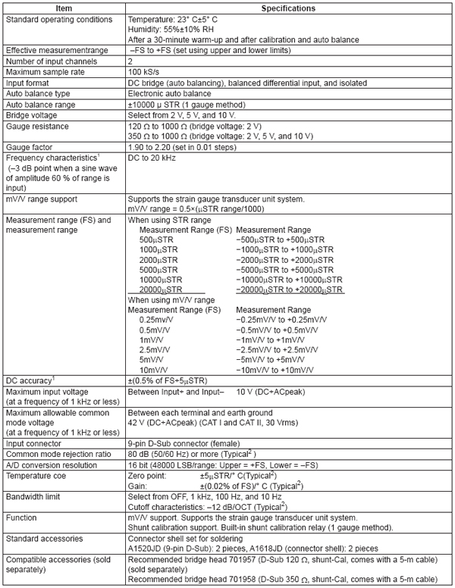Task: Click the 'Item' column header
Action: tap(63, 8)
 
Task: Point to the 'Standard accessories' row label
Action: tap(45, 518)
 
